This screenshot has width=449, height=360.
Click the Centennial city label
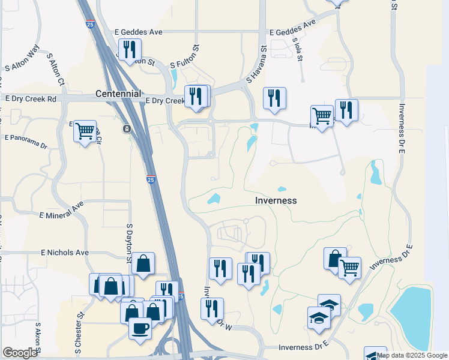118,94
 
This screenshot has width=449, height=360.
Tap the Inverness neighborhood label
276,200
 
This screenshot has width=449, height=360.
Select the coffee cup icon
140,329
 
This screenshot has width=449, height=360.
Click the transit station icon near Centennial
127,129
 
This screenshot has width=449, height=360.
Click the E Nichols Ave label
65,253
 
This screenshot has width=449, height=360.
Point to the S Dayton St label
129,244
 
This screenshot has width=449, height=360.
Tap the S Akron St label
37,339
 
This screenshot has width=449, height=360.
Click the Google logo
20,353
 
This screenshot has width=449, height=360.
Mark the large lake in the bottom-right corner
414,311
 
